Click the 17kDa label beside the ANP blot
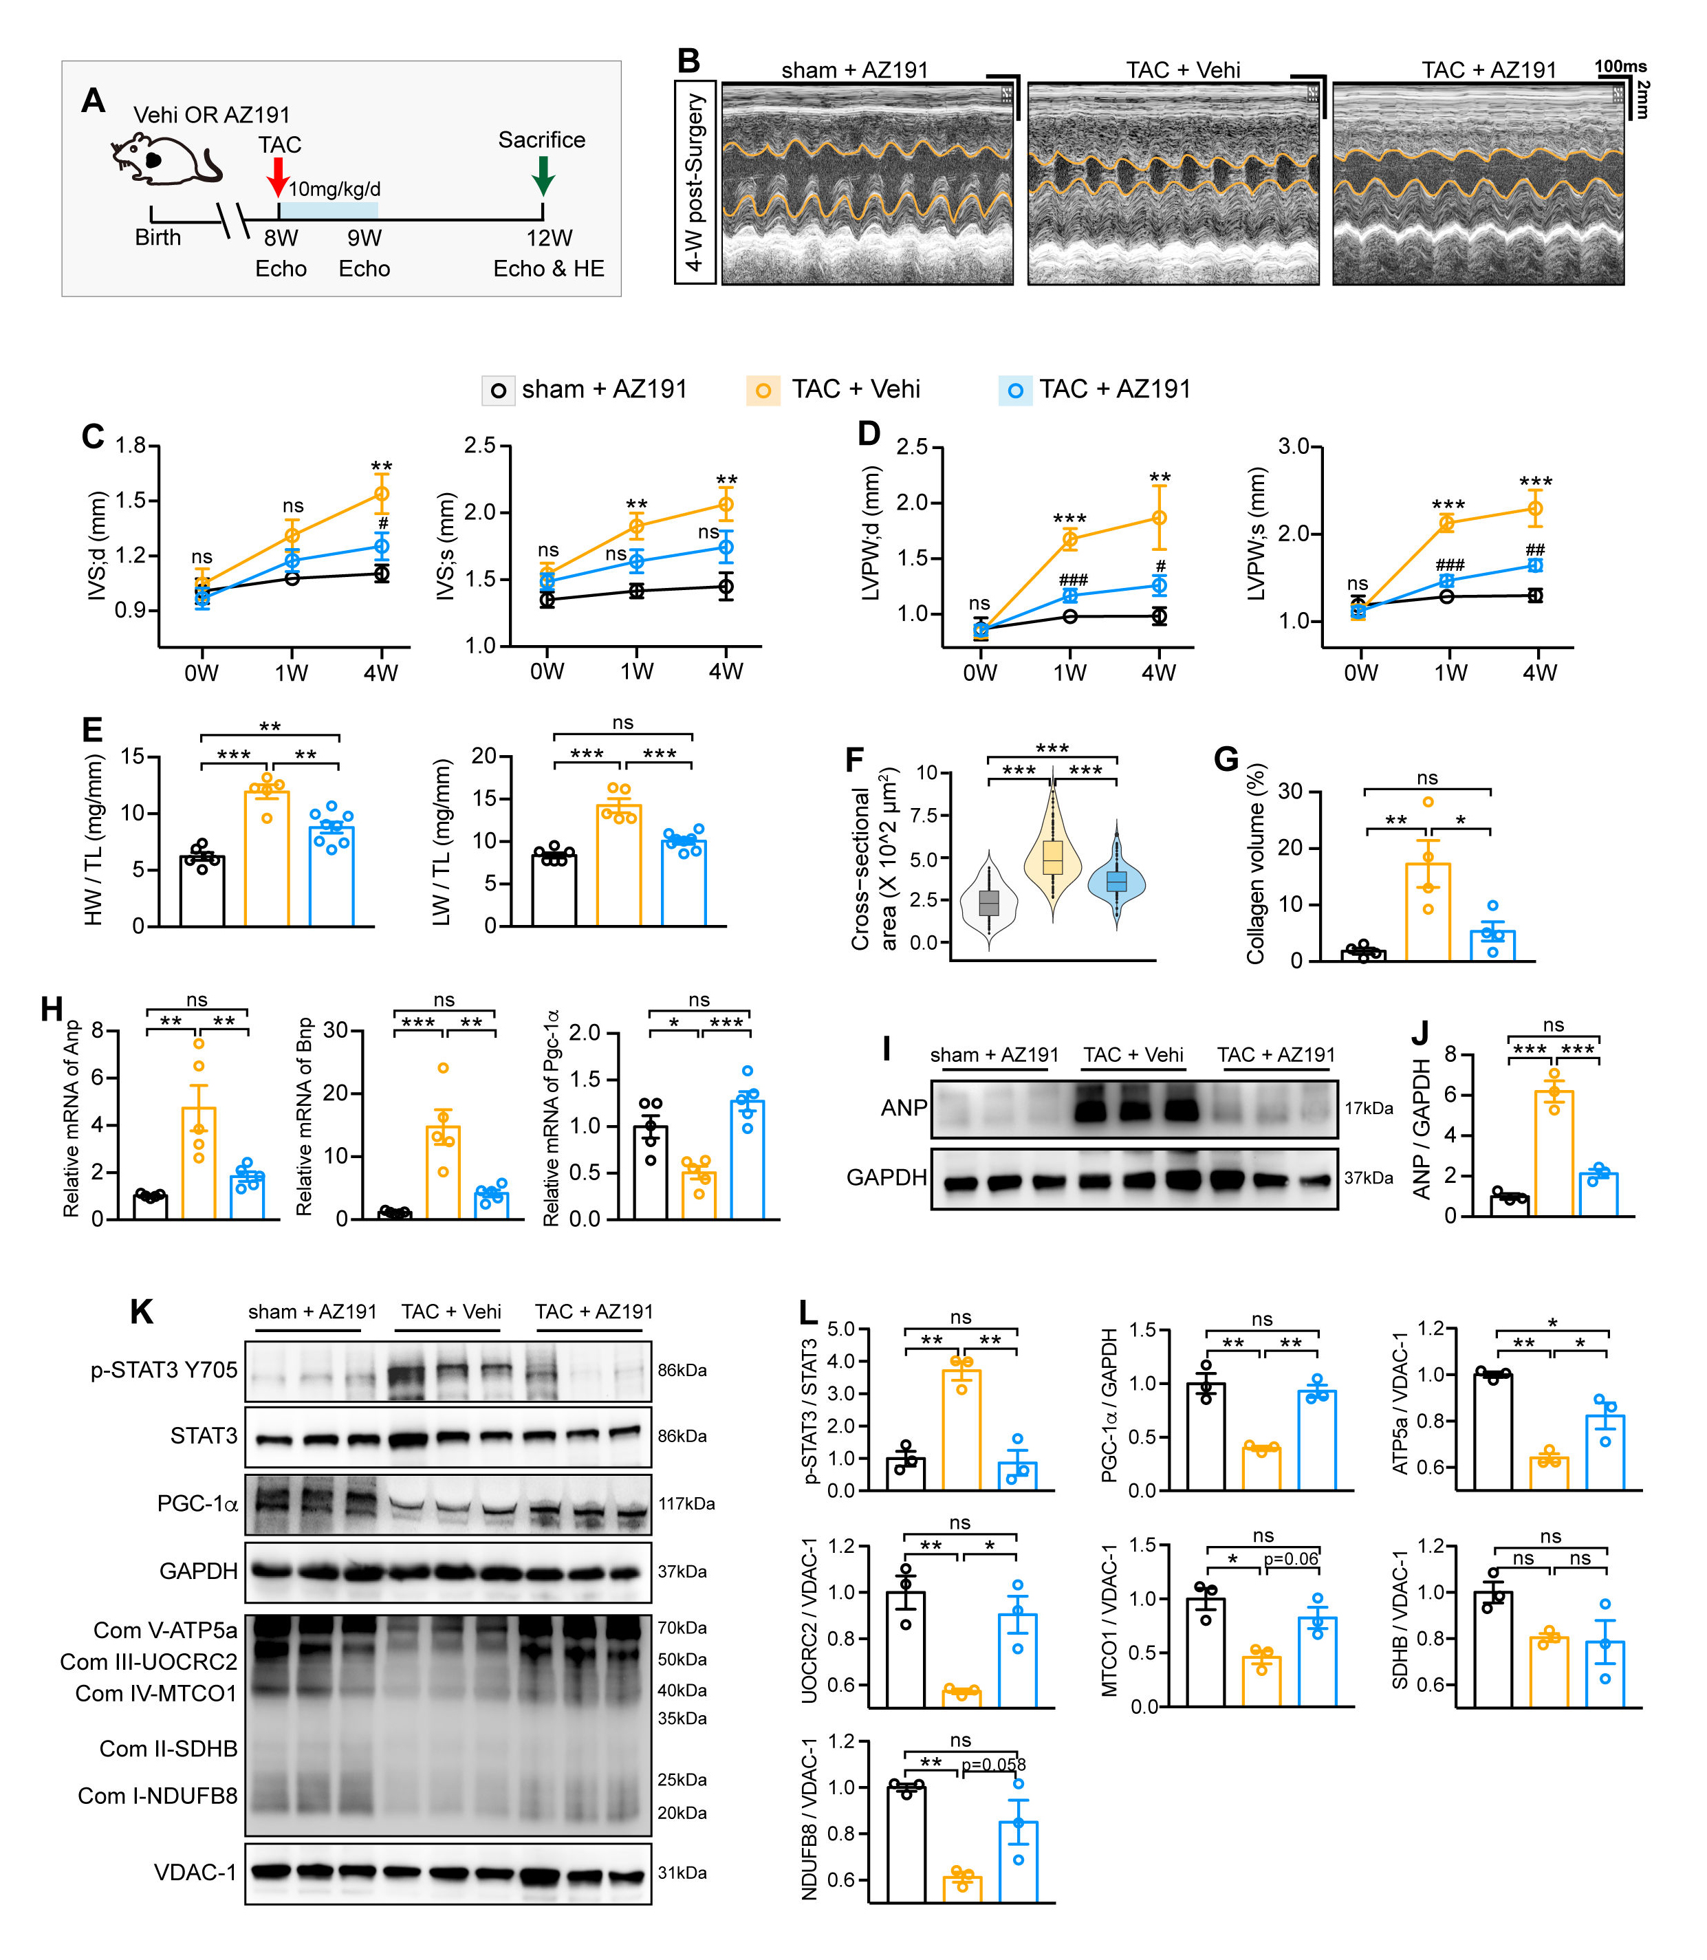click(x=1368, y=1108)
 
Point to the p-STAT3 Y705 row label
click(x=164, y=1369)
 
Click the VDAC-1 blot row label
click(x=195, y=1873)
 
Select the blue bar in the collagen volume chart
click(x=1492, y=945)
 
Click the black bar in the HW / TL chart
click(x=202, y=891)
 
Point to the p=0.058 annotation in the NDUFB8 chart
click(x=992, y=1765)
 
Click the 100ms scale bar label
click(x=1620, y=67)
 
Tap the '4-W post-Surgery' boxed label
click(x=695, y=182)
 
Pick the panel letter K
click(x=141, y=1312)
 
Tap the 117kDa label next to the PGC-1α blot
click(x=686, y=1504)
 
